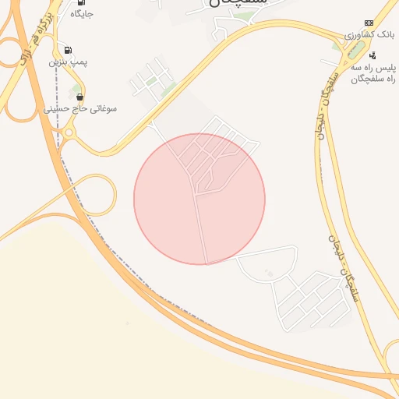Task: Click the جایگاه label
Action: coord(82,14)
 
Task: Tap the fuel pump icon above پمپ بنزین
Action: coord(69,49)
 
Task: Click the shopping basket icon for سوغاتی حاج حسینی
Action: coord(79,97)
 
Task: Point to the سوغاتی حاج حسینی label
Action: coord(80,109)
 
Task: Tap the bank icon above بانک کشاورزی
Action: coord(369,23)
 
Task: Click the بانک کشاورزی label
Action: coord(371,35)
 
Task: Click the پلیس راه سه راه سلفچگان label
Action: coord(372,73)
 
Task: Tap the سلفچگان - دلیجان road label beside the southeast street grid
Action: coord(342,265)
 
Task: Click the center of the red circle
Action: coord(199,199)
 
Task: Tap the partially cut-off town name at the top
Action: coord(238,3)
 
